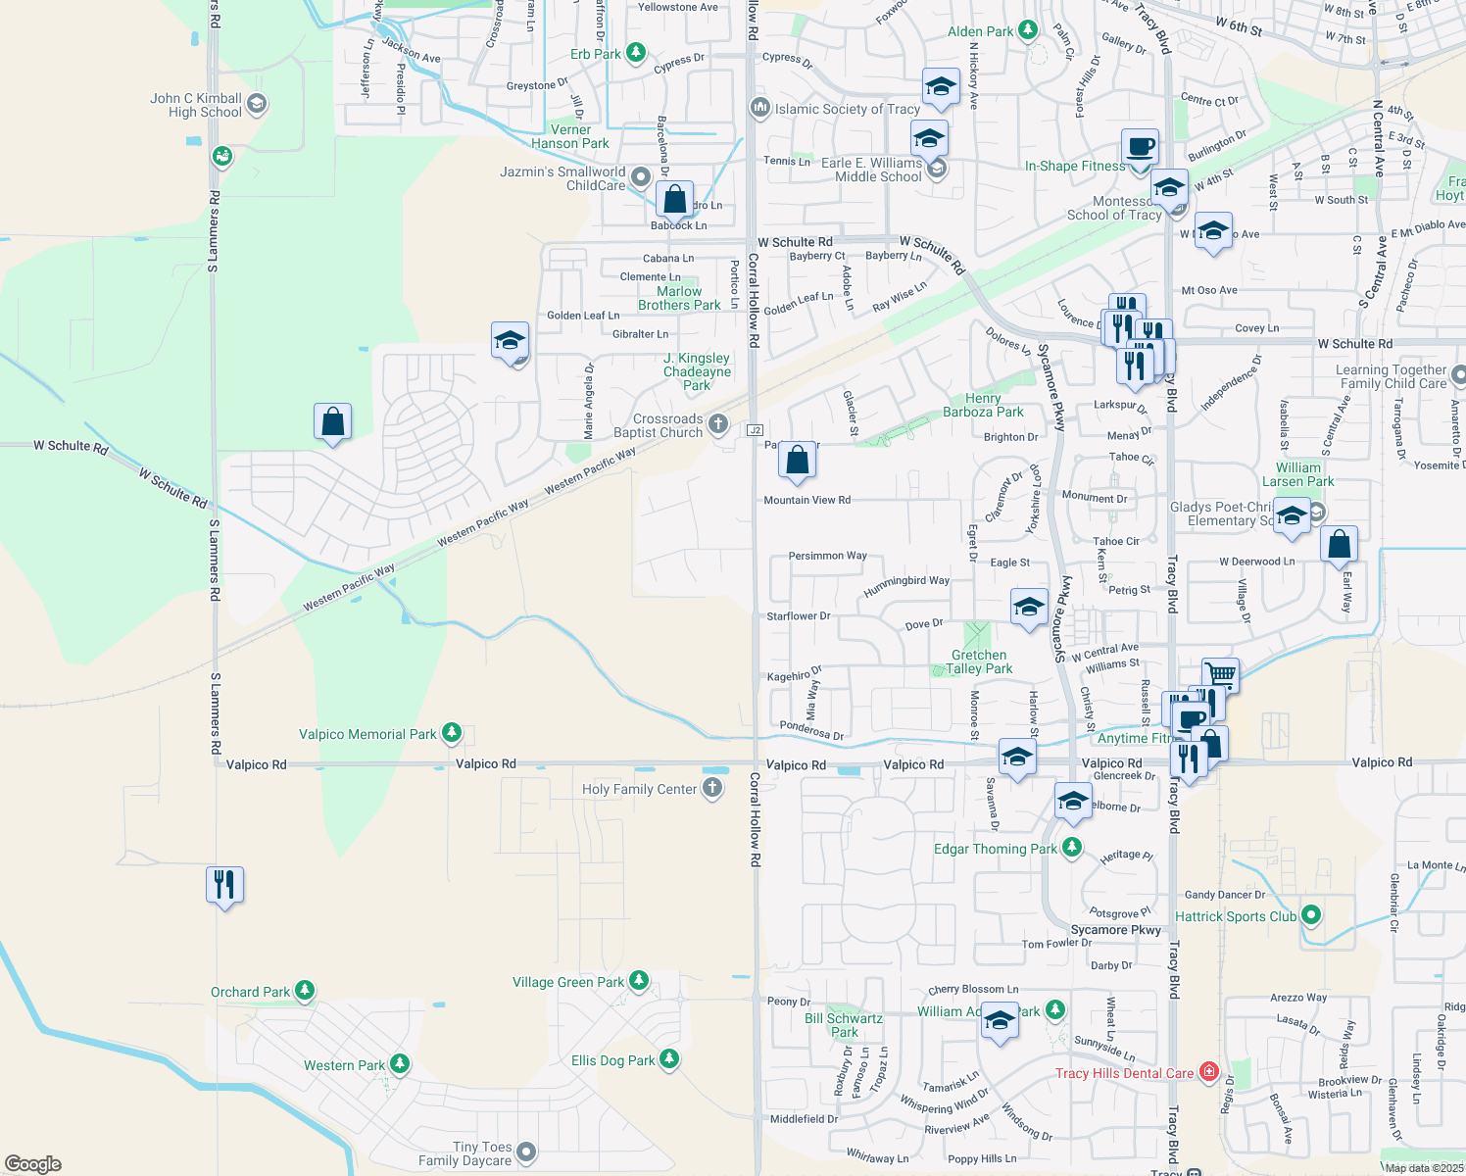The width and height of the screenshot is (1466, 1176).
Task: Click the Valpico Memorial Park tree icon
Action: [x=451, y=733]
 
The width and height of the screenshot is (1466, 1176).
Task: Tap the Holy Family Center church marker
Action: [x=712, y=788]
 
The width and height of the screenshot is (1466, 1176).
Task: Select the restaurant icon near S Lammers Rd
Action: [x=225, y=885]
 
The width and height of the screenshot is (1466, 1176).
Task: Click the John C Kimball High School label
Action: [x=196, y=105]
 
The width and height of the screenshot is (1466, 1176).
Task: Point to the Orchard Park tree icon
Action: [x=305, y=991]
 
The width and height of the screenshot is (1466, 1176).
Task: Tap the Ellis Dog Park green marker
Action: [x=669, y=1059]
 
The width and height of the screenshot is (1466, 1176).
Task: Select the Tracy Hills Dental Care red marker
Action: [x=1208, y=1072]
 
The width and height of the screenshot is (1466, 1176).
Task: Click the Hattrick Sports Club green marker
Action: [x=1311, y=915]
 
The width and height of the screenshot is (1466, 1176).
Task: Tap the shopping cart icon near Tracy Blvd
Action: [x=1220, y=675]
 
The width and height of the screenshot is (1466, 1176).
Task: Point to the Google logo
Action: [x=33, y=1164]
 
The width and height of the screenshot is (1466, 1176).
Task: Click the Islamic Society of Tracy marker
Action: [x=758, y=108]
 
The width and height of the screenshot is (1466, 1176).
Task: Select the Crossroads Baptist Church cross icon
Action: [x=718, y=424]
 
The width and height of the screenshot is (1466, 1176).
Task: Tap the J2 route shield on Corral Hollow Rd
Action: [x=755, y=430]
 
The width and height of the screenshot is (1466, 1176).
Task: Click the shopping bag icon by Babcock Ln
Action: [x=674, y=200]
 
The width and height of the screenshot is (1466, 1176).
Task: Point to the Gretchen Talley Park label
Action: [x=979, y=661]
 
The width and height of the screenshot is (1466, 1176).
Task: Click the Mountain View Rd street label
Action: [x=806, y=500]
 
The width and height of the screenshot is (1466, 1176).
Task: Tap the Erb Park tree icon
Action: [x=636, y=52]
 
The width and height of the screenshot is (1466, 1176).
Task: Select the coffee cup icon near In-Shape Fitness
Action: [x=1140, y=147]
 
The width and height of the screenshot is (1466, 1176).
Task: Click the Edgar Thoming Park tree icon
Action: [x=1072, y=847]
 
